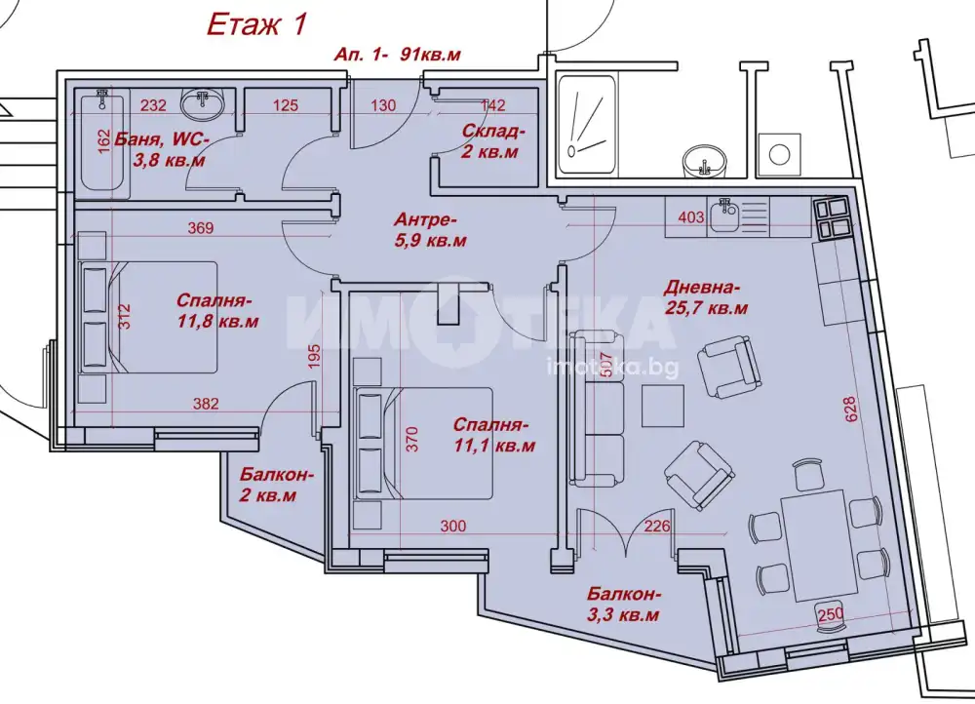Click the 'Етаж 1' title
[256, 25]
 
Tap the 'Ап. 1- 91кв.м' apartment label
[398, 55]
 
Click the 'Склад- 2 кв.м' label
[493, 141]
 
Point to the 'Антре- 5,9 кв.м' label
[429, 229]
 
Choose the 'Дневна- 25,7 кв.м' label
[705, 297]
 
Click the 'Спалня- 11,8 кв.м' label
[217, 310]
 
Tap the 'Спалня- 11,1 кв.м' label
[493, 435]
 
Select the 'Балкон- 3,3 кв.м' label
[623, 605]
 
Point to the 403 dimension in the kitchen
[691, 217]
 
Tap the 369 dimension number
[201, 228]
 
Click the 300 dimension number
[453, 527]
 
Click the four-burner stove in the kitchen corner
[830, 219]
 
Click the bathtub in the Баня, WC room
[102, 142]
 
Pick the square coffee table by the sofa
[663, 406]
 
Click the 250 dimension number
[831, 614]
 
